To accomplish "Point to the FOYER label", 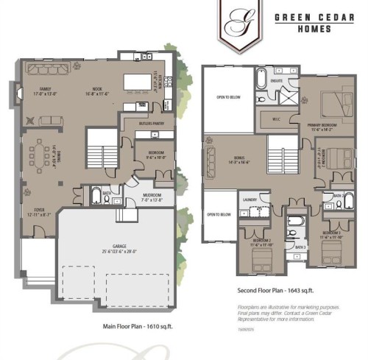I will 35,211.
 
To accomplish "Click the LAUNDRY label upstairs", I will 248,199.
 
